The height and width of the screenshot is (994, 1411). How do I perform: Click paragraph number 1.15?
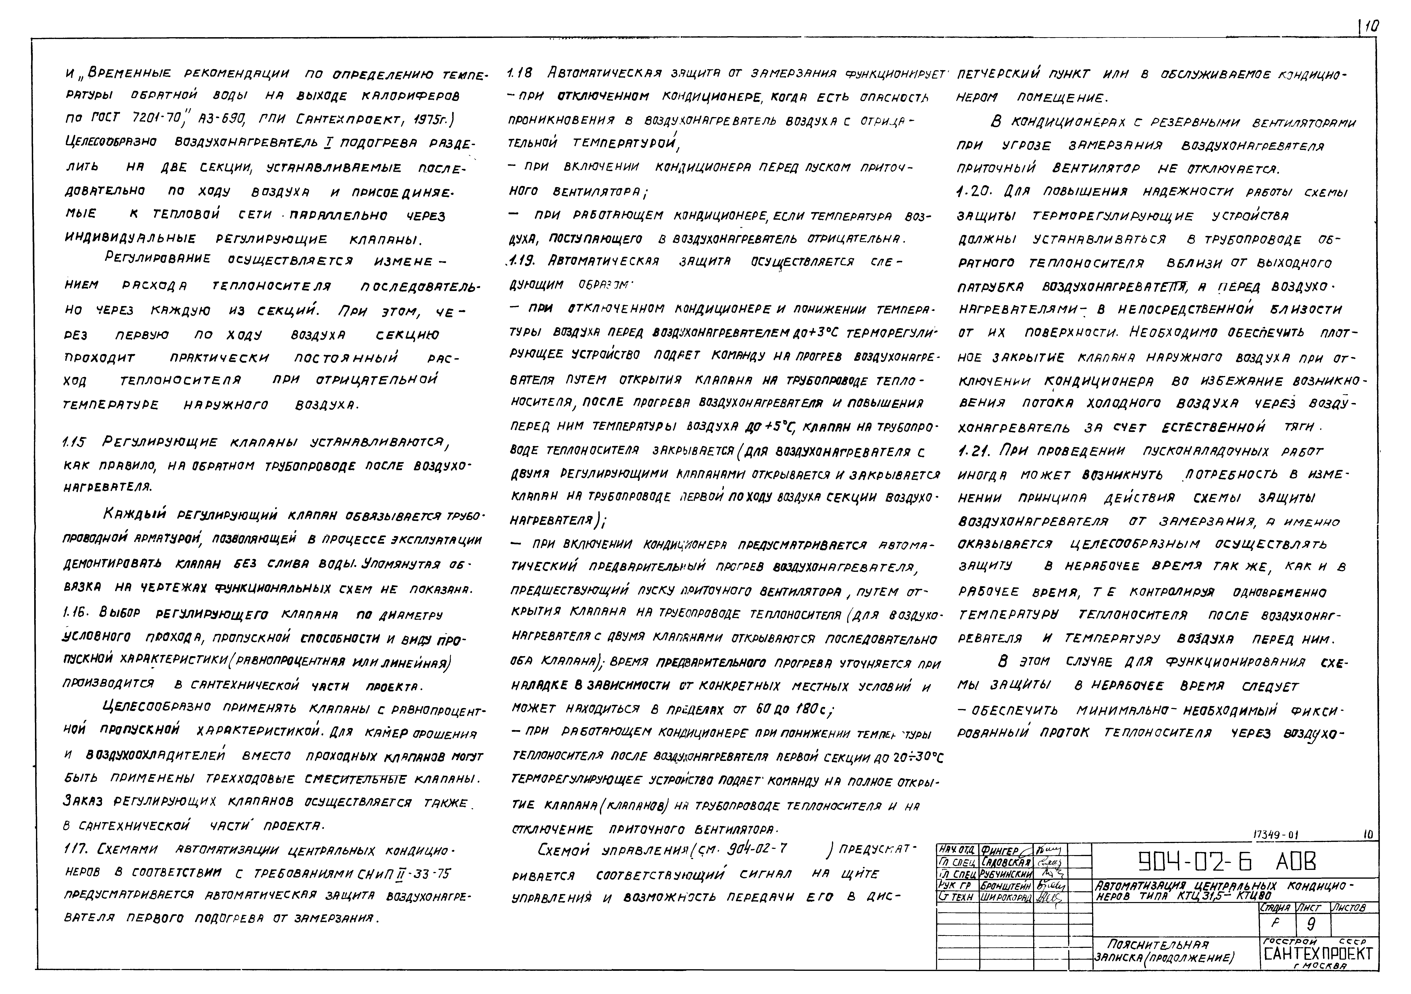[75, 443]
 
